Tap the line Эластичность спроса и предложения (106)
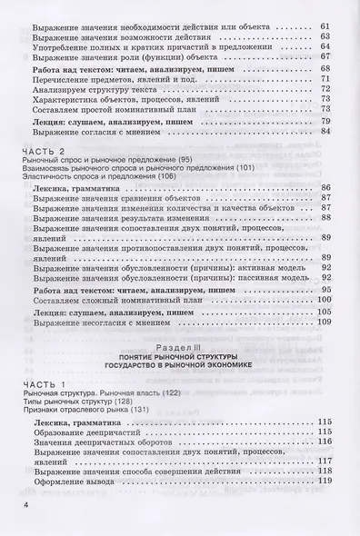(92, 176)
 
